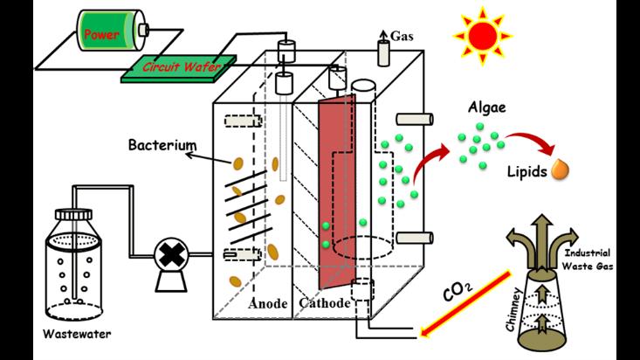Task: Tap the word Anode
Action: click(267, 303)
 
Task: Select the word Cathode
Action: click(324, 303)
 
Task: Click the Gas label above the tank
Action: click(401, 38)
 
